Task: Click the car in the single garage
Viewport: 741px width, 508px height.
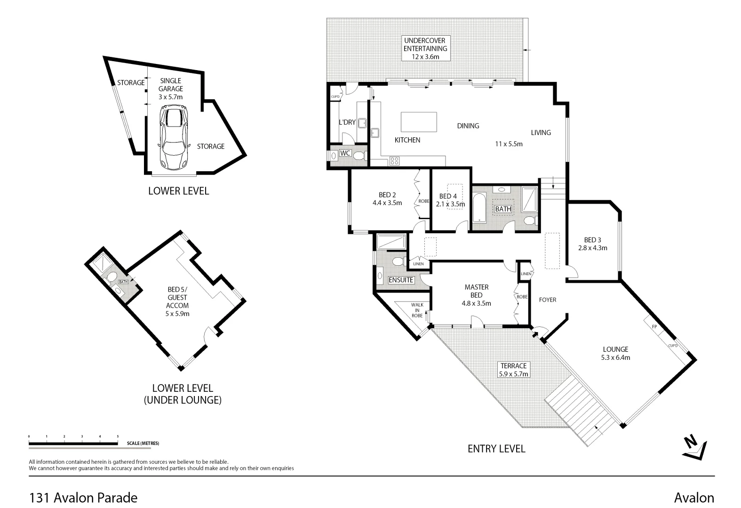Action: pos(173,137)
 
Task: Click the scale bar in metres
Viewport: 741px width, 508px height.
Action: pos(73,443)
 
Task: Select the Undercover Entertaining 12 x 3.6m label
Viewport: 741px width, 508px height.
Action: pos(425,48)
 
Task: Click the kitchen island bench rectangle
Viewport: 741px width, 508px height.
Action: pos(419,122)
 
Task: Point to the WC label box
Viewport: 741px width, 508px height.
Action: pos(345,153)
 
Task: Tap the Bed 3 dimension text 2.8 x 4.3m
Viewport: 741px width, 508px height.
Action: pos(593,247)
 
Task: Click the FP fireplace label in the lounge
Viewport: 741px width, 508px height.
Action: pos(654,326)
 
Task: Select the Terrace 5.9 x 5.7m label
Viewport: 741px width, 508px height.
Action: pos(513,370)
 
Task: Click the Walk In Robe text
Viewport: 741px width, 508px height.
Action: pos(417,310)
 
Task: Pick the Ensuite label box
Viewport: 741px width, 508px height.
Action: pos(401,280)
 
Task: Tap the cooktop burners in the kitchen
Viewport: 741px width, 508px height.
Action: pos(395,161)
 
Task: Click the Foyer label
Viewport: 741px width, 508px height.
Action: pos(548,300)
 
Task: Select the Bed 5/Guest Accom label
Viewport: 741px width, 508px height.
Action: pos(177,301)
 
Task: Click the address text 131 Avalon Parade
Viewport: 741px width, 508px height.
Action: pos(83,497)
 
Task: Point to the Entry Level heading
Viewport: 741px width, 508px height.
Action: pos(496,448)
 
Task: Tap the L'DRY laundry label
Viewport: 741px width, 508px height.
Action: pos(347,122)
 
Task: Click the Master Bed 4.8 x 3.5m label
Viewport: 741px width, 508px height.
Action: pos(476,295)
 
